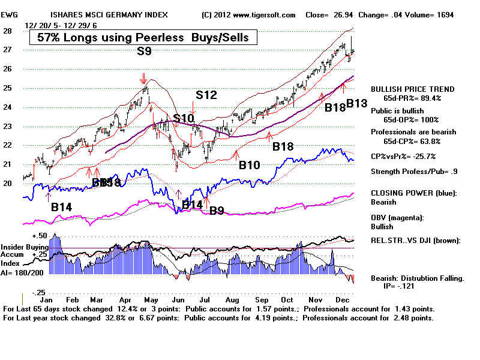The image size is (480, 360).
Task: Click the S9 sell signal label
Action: click(143, 52)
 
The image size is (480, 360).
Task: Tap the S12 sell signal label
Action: click(206, 95)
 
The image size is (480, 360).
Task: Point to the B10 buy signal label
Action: click(250, 165)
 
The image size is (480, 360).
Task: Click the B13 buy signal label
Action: click(356, 103)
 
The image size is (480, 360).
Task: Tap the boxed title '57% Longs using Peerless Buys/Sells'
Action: click(143, 38)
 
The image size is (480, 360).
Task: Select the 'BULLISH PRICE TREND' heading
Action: click(413, 89)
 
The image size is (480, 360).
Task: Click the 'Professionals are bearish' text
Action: click(413, 132)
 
